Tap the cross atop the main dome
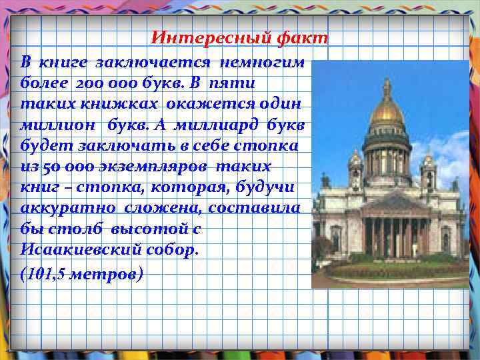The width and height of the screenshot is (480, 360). click(x=387, y=83)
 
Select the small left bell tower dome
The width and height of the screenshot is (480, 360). click(x=355, y=158)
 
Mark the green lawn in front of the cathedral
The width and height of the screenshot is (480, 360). click(x=400, y=271)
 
